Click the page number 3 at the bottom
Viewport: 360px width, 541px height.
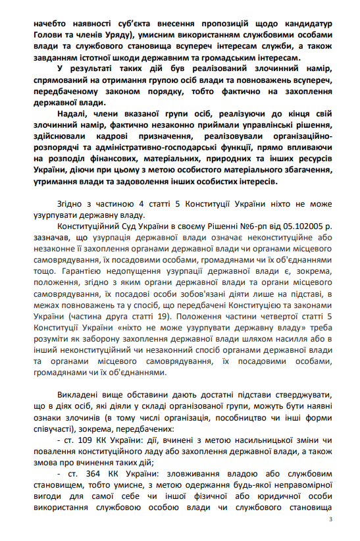tap(330, 520)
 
